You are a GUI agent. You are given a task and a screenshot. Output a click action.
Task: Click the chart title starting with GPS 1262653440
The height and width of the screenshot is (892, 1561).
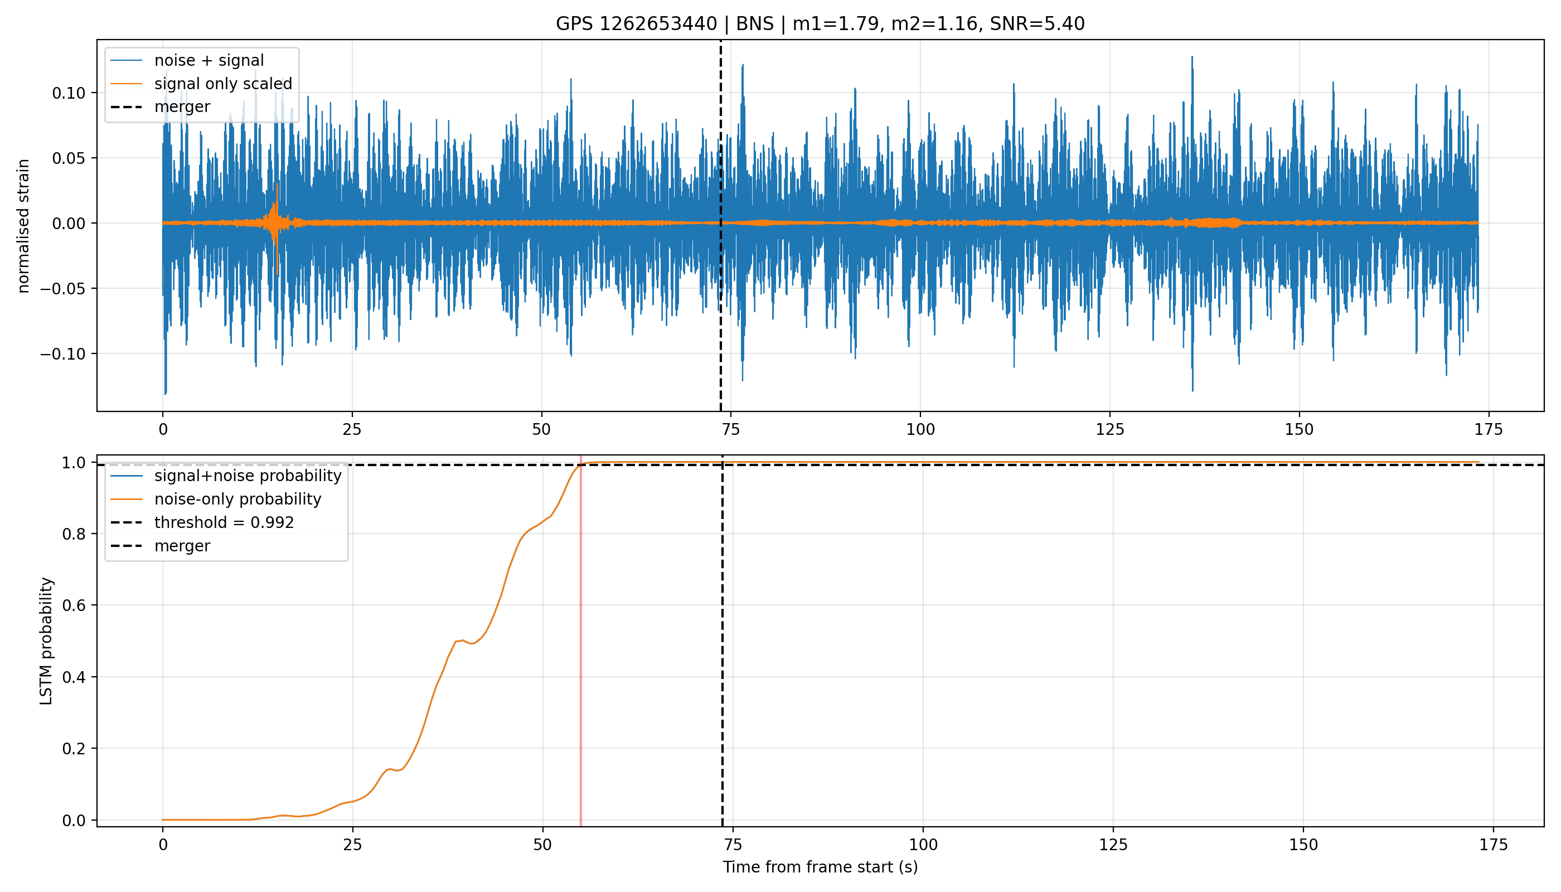click(820, 24)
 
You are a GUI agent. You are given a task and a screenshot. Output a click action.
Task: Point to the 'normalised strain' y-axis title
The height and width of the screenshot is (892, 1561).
click(23, 226)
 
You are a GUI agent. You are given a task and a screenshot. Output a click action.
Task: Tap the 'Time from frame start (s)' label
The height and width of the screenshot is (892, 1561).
click(820, 867)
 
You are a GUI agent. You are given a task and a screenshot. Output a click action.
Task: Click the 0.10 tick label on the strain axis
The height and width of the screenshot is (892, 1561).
click(70, 93)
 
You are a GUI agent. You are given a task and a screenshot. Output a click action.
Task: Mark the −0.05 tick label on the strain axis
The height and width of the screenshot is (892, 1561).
click(64, 289)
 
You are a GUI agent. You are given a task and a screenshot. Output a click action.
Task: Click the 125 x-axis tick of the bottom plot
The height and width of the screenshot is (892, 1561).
click(1113, 845)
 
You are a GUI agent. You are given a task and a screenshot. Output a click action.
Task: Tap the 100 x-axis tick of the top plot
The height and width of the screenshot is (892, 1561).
click(920, 430)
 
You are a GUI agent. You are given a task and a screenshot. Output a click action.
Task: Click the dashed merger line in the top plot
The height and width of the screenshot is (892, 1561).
click(720, 225)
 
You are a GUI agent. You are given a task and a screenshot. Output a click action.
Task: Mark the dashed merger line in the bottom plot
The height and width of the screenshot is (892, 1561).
click(723, 641)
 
